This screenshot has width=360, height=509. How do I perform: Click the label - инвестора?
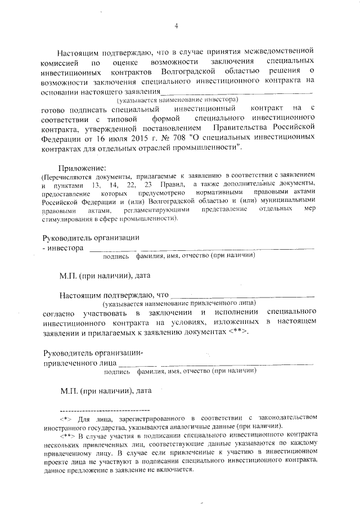[x=64, y=247]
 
